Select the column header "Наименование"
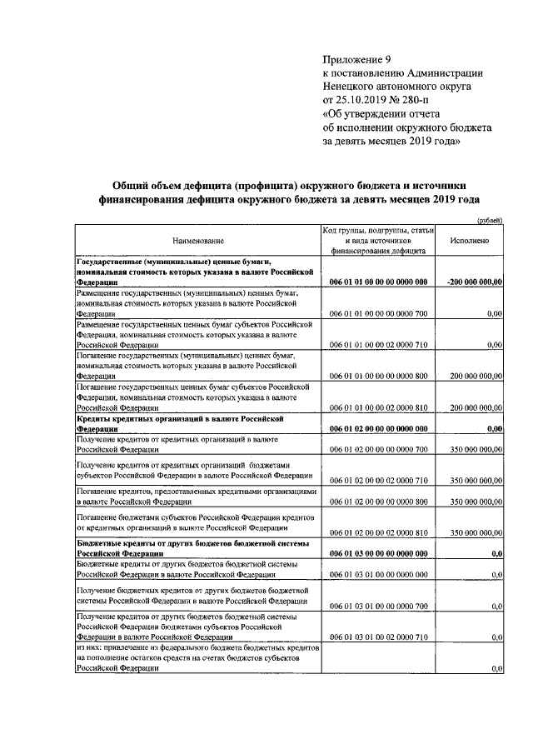click(198, 239)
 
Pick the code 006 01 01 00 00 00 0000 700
click(379, 312)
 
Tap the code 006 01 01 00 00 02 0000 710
click(379, 343)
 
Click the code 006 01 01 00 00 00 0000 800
click(379, 376)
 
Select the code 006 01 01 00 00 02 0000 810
click(379, 407)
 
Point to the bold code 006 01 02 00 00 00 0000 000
click(379, 428)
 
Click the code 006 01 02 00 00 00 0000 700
click(379, 449)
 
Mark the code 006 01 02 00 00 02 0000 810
click(379, 532)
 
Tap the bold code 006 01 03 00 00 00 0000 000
click(379, 552)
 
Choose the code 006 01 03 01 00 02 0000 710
click(379, 637)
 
